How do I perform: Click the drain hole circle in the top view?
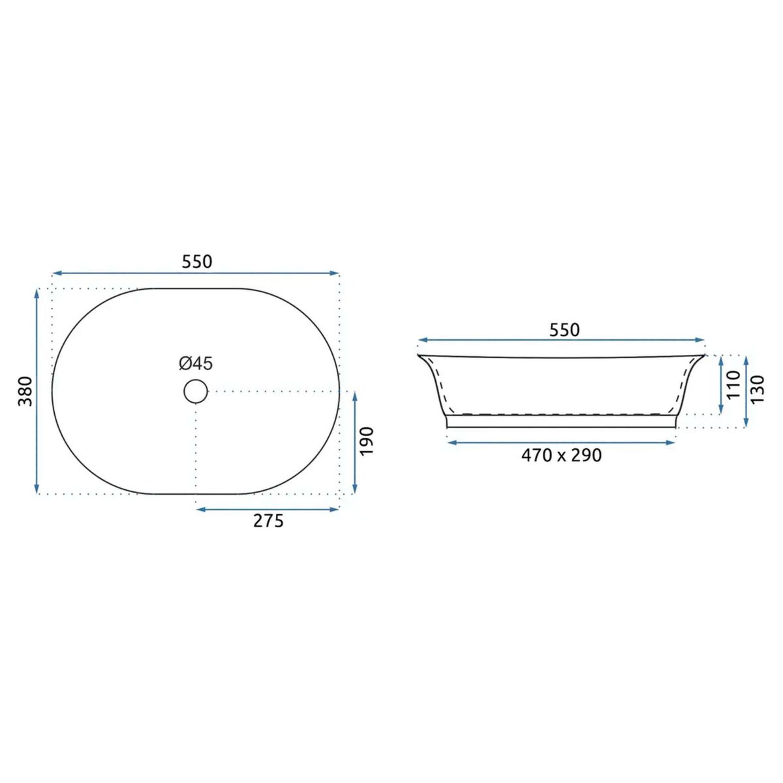click(196, 379)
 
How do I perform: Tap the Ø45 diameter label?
click(196, 363)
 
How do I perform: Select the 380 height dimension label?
click(25, 391)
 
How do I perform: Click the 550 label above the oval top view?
click(196, 262)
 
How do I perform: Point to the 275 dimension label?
click(268, 521)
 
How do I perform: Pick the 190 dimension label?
click(367, 441)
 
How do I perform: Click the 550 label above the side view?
click(564, 330)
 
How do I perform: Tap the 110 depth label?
click(734, 384)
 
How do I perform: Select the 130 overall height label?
click(758, 389)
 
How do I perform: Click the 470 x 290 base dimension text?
click(562, 455)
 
